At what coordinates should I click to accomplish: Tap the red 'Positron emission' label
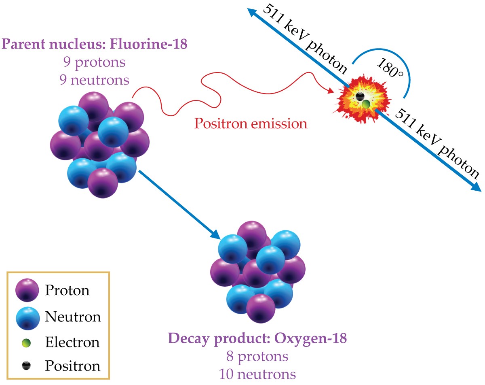(251, 123)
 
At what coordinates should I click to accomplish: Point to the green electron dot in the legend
(26, 343)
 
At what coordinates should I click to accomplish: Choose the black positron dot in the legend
(26, 366)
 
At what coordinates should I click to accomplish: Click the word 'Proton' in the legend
(67, 290)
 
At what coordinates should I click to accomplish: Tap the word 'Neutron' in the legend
(73, 317)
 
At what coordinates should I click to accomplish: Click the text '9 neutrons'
(94, 80)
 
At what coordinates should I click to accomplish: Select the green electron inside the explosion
(366, 104)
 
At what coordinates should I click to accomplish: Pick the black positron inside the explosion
(359, 96)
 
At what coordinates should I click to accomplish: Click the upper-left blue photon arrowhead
(253, 13)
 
